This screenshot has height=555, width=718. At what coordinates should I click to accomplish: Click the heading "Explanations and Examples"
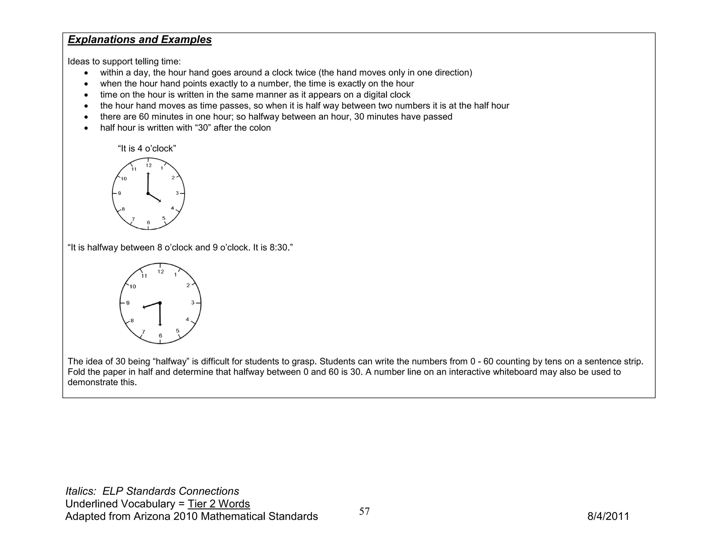(140, 40)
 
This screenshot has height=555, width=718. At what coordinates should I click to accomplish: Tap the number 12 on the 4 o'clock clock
(149, 165)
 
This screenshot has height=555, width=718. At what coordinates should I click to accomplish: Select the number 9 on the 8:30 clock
(128, 303)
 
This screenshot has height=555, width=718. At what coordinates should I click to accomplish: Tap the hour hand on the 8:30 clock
(151, 305)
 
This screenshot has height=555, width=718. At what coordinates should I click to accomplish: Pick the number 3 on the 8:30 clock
(192, 302)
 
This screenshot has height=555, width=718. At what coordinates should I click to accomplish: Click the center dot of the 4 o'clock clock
(148, 194)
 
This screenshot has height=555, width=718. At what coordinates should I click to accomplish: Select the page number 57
(364, 511)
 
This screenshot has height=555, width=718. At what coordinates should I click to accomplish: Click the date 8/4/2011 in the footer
(608, 516)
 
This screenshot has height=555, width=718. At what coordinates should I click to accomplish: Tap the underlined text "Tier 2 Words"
(219, 504)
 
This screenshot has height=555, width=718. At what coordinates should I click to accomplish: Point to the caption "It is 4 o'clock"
(147, 149)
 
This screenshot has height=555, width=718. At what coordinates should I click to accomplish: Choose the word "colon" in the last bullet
(260, 128)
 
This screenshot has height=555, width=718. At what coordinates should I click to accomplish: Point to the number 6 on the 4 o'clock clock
(148, 222)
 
